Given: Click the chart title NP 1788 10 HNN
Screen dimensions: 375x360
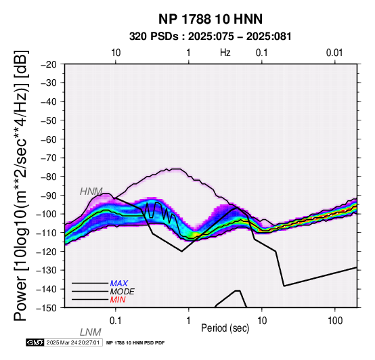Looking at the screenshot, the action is pos(211,19).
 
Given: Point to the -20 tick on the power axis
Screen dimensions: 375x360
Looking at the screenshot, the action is pos(49,64).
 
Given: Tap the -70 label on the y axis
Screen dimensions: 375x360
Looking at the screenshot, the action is pos(49,158).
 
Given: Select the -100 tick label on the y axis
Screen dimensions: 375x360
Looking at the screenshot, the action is pos(47,214).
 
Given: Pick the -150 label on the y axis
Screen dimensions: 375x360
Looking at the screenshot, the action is pos(47,308).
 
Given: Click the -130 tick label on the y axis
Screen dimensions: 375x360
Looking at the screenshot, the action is pos(47,270).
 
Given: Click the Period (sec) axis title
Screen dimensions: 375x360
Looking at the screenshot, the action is pos(225,328).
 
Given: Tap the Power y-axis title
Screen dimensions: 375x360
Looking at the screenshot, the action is pos(21,185).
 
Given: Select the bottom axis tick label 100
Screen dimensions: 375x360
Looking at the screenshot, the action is pos(335,321).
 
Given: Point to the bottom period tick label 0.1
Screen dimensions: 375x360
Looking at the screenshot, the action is pos(116,321).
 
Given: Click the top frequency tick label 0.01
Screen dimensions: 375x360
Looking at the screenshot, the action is pos(334,53).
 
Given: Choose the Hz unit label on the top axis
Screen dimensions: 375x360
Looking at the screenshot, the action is pos(225,53).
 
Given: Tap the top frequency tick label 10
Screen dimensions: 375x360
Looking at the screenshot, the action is pos(116,53).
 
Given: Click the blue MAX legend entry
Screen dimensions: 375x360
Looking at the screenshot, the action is pos(119,284).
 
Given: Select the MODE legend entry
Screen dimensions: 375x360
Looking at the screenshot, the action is pos(123,292).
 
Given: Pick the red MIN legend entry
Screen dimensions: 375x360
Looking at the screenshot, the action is pos(118,300).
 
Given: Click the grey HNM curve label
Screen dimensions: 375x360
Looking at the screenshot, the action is pos(91,192).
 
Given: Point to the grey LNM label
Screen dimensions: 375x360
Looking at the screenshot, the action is pos(91,332).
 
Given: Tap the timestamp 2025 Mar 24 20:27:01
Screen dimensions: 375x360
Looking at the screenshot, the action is pos(73,342).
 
